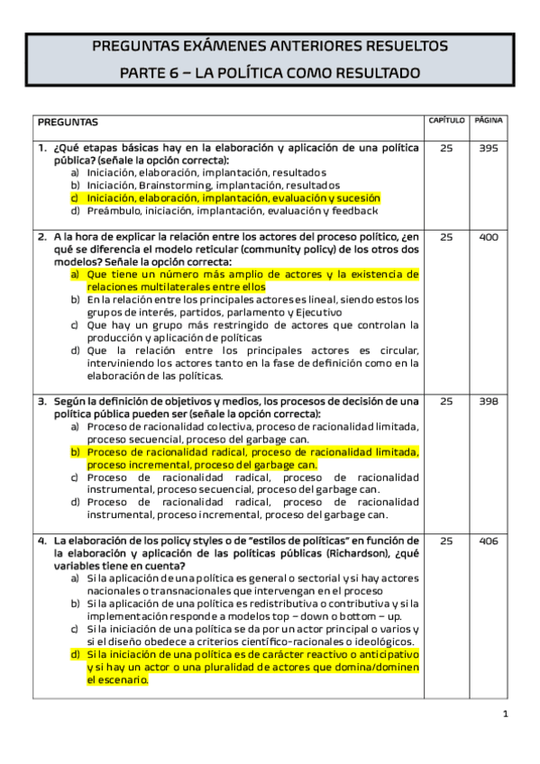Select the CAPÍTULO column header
(x=447, y=120)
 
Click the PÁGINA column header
(x=489, y=120)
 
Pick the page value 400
(x=489, y=237)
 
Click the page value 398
(x=489, y=402)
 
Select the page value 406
(x=489, y=541)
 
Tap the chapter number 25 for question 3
(x=446, y=402)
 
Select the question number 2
(x=42, y=237)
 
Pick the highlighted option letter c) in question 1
(x=76, y=198)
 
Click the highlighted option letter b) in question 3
(x=76, y=452)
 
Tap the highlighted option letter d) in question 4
(x=76, y=655)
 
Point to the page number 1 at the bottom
(x=506, y=714)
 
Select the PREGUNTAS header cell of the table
(x=68, y=122)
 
